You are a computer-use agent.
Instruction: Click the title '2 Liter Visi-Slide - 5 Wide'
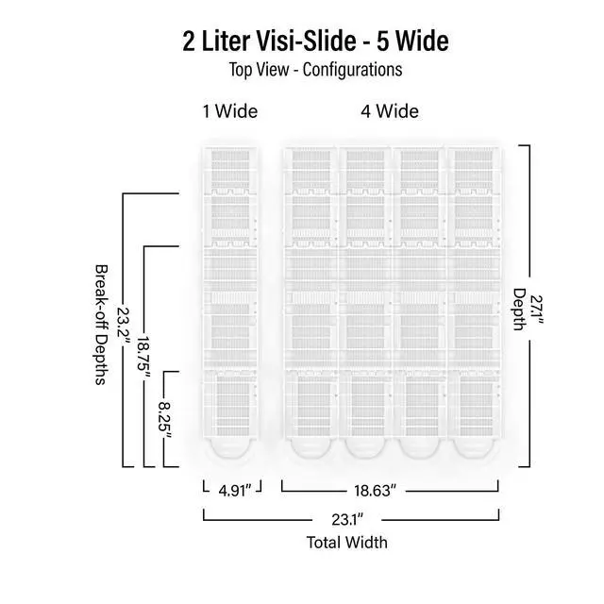click(x=315, y=41)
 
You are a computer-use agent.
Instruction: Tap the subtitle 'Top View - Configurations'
click(x=316, y=70)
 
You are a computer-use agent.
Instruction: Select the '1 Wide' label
click(x=230, y=111)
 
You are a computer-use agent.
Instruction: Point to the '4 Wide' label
click(x=390, y=111)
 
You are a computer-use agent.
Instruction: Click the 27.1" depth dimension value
click(x=536, y=310)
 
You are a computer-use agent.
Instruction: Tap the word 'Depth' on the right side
click(x=519, y=310)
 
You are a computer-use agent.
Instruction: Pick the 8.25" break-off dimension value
click(x=164, y=420)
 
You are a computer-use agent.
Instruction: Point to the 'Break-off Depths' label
click(x=101, y=325)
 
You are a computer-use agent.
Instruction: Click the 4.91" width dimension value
click(x=235, y=491)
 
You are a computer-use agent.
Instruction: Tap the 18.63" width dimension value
click(x=375, y=491)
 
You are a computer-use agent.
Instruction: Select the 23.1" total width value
click(x=347, y=520)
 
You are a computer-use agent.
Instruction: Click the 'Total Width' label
click(x=347, y=543)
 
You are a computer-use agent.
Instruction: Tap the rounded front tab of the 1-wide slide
click(x=230, y=448)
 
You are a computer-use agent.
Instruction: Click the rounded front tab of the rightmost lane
click(x=473, y=448)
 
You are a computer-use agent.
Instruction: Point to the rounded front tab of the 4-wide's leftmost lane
click(x=310, y=448)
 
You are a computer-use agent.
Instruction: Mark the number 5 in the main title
click(x=382, y=41)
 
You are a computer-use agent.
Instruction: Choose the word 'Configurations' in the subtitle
click(x=352, y=70)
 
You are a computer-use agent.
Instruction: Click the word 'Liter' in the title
click(x=226, y=41)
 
